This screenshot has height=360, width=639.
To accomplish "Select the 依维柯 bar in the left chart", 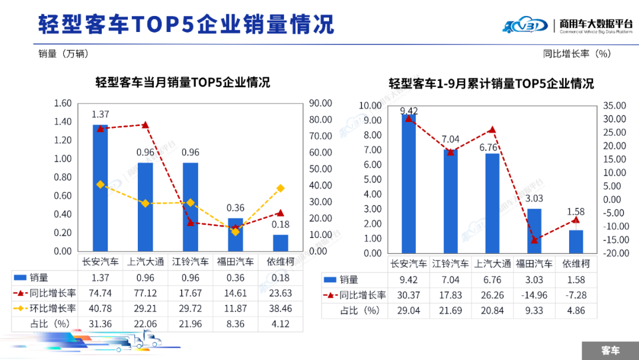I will point(280,243).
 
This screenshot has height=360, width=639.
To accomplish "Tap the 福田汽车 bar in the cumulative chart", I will point(534,231).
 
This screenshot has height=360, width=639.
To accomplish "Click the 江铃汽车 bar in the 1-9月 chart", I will point(451,201).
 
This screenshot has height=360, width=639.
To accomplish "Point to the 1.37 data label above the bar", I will point(101,114).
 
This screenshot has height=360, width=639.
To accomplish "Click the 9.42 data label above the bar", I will point(409,111).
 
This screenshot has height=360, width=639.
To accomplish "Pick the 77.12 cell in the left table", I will point(146,293).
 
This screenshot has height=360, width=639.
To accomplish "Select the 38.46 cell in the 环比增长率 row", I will point(280,308).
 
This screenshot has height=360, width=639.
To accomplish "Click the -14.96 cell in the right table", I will point(534,295).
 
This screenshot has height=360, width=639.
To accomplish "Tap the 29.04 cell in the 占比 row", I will point(409,311).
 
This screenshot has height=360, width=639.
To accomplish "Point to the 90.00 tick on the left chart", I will point(321,104).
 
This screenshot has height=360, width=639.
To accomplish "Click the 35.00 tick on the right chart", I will point(615,105).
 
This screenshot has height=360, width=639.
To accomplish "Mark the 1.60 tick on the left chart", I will point(62,104).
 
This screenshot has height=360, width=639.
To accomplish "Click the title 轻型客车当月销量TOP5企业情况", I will point(183,82).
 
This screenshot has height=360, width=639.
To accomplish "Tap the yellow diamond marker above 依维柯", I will point(280,188).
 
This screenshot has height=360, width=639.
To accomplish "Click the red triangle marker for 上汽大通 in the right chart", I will point(492,130).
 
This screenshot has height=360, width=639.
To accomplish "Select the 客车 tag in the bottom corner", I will point(610,351).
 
